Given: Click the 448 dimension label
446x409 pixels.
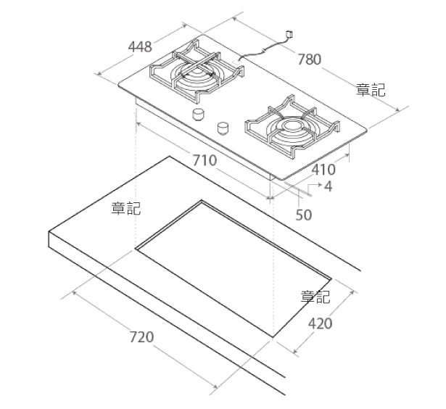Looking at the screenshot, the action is tap(140, 46).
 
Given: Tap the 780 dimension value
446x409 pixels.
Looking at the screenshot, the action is tap(309, 59).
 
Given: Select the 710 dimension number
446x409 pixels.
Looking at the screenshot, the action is tap(205, 160).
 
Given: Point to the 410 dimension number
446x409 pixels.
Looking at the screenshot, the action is tap(323, 170).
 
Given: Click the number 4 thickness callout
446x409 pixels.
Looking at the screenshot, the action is tap(329, 186).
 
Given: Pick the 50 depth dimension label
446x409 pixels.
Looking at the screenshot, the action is tap(304, 215).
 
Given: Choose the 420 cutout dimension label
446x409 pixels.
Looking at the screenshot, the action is tap(320, 323).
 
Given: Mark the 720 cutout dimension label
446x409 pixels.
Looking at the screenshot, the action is tap(141, 336).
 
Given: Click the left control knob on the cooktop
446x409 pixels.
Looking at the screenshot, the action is tap(198, 115).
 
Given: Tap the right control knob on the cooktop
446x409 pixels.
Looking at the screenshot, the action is tap(223, 128).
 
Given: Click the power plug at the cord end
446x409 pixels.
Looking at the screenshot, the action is tap(289, 34).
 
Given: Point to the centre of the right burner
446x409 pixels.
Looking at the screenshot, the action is tap(292, 126).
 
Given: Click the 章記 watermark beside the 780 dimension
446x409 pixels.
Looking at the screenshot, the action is tap(371, 90).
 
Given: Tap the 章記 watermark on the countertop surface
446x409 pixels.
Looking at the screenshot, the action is tap(126, 208).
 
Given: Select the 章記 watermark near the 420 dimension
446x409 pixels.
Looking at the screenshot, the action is tap(315, 297).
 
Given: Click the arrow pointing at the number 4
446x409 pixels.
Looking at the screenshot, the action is tap(315, 188).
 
